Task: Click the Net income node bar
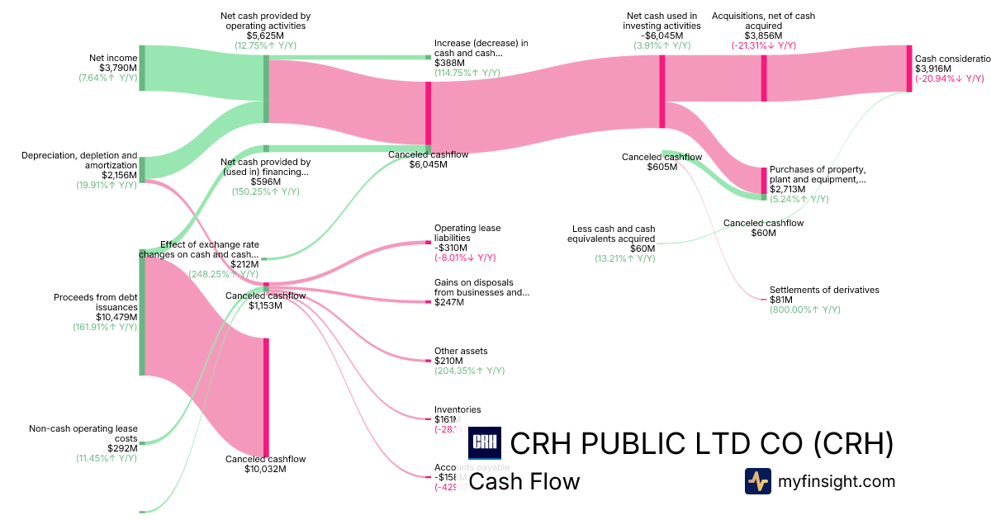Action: click(x=142, y=68)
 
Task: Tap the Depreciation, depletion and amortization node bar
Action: click(x=142, y=168)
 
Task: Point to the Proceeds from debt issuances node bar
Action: click(x=142, y=312)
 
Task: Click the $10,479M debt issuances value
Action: click(x=115, y=317)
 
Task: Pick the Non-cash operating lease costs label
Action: click(x=83, y=433)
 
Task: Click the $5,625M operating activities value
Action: click(x=265, y=35)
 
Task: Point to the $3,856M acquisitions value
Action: click(x=763, y=35)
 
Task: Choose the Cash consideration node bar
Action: click(x=909, y=69)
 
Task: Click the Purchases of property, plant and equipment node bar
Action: click(x=764, y=181)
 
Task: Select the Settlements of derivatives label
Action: click(x=823, y=290)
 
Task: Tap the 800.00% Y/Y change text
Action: click(x=804, y=310)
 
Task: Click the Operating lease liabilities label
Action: click(x=467, y=233)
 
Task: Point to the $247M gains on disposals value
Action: click(x=448, y=302)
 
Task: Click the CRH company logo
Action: click(x=484, y=443)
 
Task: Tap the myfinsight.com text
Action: click(x=837, y=481)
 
